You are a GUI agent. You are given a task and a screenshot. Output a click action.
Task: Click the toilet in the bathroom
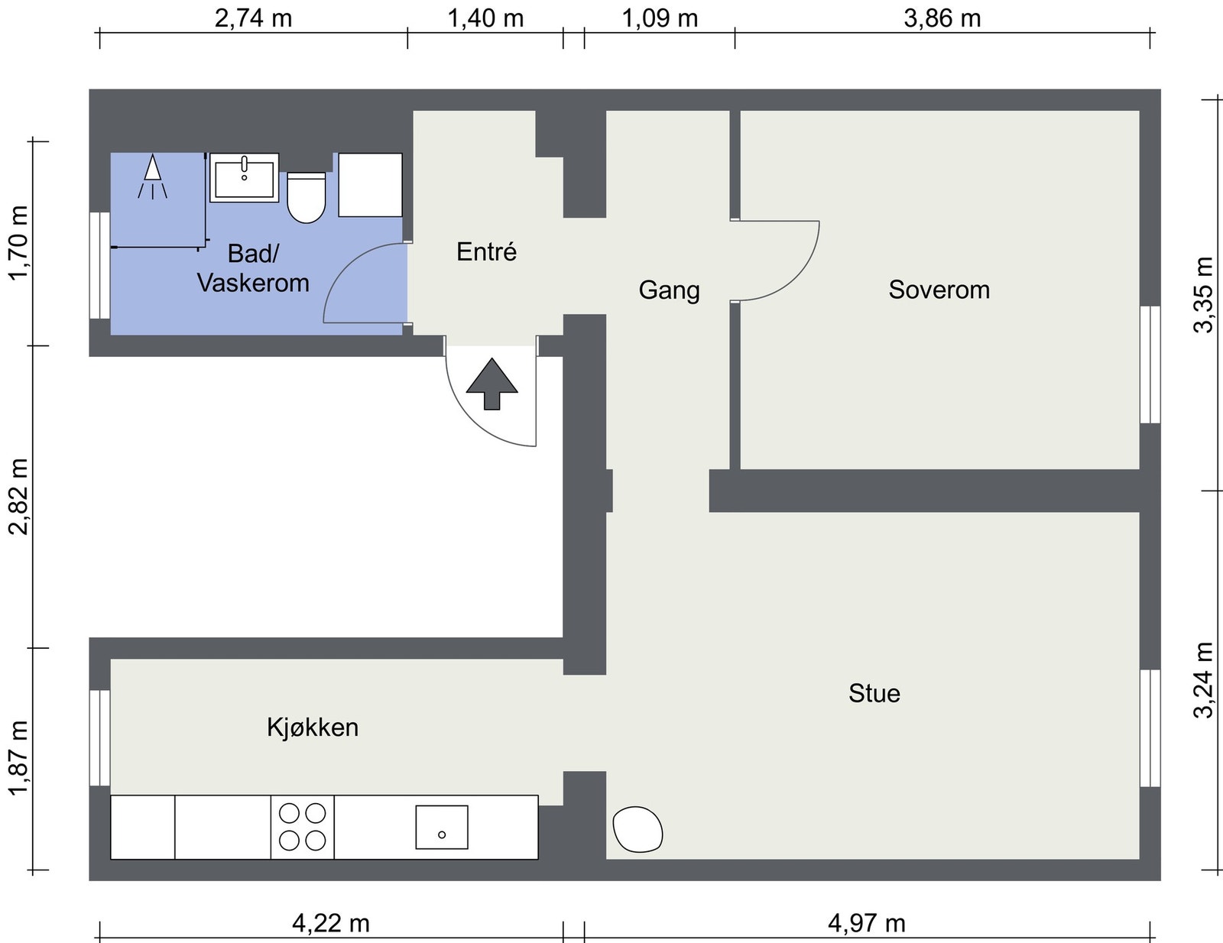[307, 199]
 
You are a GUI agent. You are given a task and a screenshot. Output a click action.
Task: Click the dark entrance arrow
[491, 384]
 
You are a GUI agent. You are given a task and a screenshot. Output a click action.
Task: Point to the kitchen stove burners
[303, 827]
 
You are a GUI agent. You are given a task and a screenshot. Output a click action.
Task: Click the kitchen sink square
[442, 827]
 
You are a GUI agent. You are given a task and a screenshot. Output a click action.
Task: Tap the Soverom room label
[939, 290]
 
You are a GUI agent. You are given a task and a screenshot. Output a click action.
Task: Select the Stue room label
[874, 693]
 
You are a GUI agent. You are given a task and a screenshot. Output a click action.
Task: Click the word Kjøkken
[313, 727]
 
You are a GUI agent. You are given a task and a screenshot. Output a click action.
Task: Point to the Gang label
[669, 290]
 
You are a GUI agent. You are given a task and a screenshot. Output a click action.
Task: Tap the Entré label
[486, 251]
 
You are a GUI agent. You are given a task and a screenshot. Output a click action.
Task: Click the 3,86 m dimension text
[942, 18]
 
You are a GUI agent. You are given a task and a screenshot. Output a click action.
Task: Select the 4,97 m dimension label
[866, 923]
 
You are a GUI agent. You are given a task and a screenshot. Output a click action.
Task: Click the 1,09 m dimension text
[660, 18]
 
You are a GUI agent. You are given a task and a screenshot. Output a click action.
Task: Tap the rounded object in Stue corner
[637, 829]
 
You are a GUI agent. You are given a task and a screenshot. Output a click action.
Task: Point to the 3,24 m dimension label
[1203, 680]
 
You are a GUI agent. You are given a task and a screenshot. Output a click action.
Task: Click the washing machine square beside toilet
[370, 185]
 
